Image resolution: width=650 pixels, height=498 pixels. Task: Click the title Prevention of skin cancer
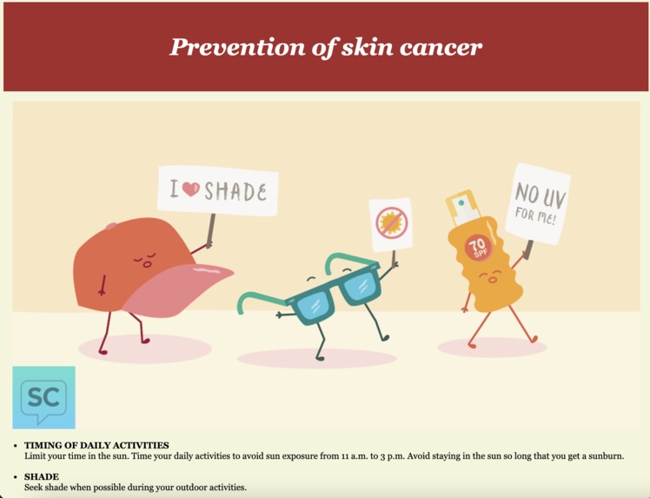325,47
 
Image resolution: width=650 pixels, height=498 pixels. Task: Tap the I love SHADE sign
217,190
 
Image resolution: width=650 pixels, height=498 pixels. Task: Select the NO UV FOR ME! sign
538,203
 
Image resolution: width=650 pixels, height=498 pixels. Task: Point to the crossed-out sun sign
390,223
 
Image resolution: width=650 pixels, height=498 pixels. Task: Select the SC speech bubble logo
43,397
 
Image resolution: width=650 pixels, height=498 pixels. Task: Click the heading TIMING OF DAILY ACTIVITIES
96,445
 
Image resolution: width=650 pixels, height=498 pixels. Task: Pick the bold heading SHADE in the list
42,476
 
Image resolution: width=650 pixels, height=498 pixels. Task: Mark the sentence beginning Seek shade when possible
135,487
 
